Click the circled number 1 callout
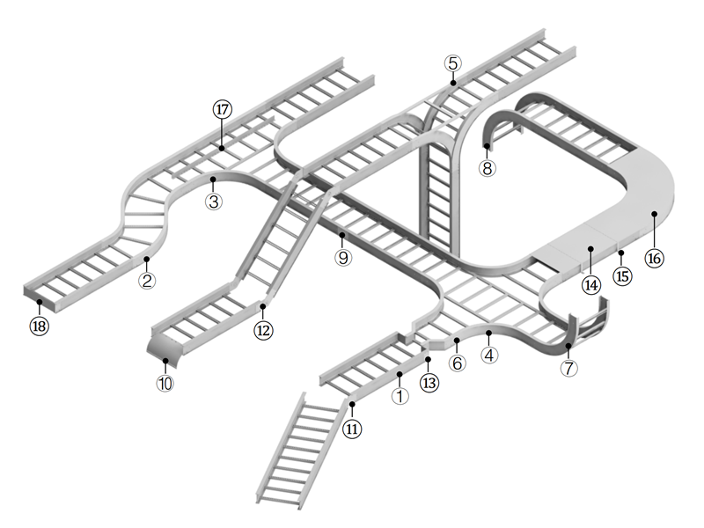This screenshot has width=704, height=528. point(400,397)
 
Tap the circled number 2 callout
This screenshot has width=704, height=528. point(147,282)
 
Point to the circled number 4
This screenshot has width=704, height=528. point(489,356)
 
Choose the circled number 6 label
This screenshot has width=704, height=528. point(457,363)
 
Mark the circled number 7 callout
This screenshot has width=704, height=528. point(569,369)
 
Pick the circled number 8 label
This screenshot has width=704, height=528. point(488,168)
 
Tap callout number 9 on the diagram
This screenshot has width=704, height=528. point(342,258)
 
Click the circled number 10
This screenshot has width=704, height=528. point(165,384)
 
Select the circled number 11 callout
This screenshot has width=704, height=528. point(352,429)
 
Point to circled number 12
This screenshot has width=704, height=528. point(263,330)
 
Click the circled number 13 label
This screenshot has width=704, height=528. point(429,383)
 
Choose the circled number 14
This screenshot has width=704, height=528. point(590,284)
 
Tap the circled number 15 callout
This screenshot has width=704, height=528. point(622,276)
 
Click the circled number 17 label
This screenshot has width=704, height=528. point(222,110)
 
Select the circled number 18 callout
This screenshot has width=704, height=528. point(40,326)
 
